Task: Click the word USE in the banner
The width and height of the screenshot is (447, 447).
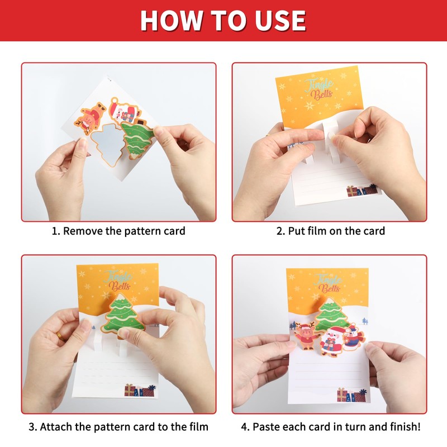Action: pyautogui.click(x=280, y=21)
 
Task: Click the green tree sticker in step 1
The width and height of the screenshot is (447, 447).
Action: pyautogui.click(x=136, y=140)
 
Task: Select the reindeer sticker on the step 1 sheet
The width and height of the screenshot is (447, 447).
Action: pyautogui.click(x=89, y=118)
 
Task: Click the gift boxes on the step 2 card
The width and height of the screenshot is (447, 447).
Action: pyautogui.click(x=362, y=191)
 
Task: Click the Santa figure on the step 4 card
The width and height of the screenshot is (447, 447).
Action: pyautogui.click(x=331, y=341)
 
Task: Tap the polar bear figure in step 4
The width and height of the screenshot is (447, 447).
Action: pyautogui.click(x=354, y=337)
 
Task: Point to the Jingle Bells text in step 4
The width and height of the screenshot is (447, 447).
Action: pyautogui.click(x=328, y=284)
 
